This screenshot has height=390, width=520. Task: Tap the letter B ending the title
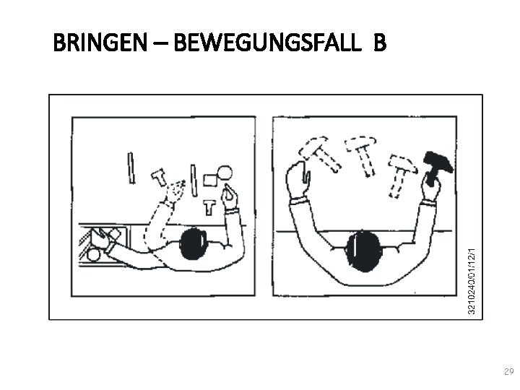tap(380, 45)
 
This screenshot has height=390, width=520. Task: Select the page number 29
tap(508, 371)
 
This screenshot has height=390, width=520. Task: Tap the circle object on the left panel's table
tap(225, 173)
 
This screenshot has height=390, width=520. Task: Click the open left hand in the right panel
tap(297, 178)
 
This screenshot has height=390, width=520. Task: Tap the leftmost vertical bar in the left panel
tap(131, 168)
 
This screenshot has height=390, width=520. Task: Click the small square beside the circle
tap(210, 179)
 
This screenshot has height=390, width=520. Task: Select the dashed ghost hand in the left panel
tap(175, 191)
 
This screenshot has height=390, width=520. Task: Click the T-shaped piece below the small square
tap(209, 207)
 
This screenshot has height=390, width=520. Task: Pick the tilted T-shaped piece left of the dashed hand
tap(159, 177)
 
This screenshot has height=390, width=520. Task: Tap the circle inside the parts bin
tap(94, 254)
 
